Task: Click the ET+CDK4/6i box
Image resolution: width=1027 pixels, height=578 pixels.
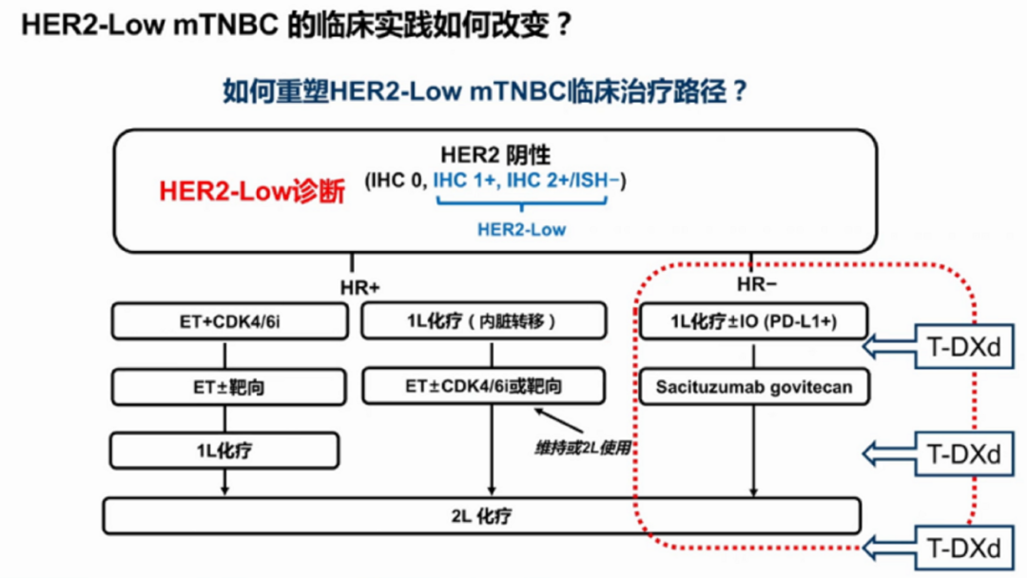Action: coord(224,322)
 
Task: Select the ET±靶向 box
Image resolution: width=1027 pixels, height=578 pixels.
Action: coord(224,387)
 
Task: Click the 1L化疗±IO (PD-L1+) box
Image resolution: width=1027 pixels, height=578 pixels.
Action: coord(753,322)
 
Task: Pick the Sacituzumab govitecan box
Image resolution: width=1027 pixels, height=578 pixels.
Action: coord(753,387)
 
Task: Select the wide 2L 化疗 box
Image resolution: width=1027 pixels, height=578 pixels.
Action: coord(481,516)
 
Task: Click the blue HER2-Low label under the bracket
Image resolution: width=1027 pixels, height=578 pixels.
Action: coord(521,229)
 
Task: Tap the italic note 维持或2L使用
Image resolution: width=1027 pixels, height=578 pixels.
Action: coord(583,448)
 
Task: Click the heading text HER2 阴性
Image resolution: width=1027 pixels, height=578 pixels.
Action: coord(494,155)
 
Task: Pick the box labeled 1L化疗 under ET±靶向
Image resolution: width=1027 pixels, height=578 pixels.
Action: coord(224,452)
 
